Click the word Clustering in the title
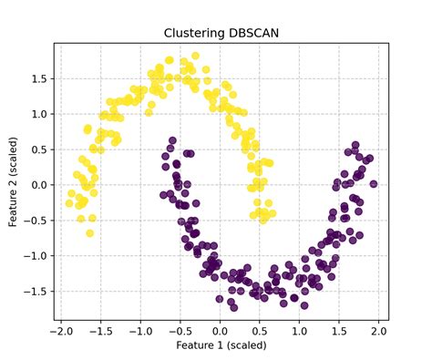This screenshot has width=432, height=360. click(194, 34)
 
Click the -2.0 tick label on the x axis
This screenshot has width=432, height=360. click(60, 331)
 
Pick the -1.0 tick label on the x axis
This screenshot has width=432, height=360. click(139, 331)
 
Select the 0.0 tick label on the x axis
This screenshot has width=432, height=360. click(220, 331)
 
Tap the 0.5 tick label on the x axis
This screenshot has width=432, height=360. click(260, 331)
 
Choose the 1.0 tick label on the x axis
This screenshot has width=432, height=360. click(300, 331)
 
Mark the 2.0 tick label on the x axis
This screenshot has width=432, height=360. click(379, 331)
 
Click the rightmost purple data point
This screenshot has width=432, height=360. click(373, 184)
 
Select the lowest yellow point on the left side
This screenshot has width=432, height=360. click(89, 233)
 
